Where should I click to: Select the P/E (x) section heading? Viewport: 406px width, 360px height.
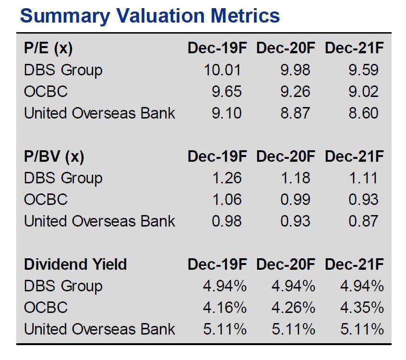(x=48, y=48)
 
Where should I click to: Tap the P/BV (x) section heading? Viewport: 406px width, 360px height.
(x=54, y=156)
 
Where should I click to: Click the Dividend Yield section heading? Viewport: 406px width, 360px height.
(x=75, y=264)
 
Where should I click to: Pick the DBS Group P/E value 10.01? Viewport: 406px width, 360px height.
(x=222, y=70)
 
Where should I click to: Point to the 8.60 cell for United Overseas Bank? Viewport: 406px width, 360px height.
(x=363, y=113)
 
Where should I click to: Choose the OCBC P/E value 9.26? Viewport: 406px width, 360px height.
(x=295, y=92)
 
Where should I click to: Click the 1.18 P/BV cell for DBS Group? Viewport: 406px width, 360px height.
(x=295, y=178)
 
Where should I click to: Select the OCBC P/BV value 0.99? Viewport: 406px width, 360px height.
(x=295, y=200)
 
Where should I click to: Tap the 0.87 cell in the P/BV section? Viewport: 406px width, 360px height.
(x=363, y=221)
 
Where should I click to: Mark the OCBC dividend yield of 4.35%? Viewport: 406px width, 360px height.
(x=362, y=308)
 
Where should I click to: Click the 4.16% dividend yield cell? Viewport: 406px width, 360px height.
(x=225, y=308)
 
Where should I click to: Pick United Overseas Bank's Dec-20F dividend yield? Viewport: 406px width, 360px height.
(x=293, y=329)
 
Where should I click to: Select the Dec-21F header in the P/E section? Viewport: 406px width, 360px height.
(x=354, y=48)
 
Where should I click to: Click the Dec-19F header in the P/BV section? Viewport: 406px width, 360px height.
(x=217, y=156)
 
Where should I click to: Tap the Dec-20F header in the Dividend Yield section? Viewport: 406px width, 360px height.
(x=286, y=264)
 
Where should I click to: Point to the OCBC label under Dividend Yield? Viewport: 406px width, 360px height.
(x=46, y=308)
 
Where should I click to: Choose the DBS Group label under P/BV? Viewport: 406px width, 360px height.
(x=63, y=178)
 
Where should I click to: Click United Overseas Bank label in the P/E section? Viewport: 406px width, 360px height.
(x=99, y=113)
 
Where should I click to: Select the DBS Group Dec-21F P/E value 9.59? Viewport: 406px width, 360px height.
(x=363, y=70)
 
